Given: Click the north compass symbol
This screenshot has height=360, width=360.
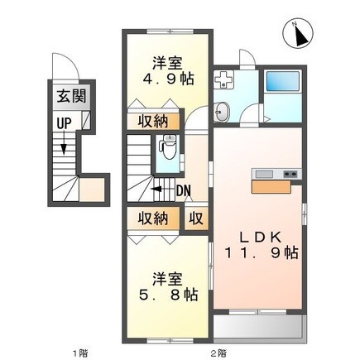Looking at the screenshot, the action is [x=298, y=35].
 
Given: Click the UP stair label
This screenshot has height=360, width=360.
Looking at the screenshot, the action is [x=64, y=123].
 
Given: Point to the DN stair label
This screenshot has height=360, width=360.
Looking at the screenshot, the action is [x=184, y=190].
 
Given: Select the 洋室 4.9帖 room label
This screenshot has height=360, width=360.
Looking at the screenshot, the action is [x=168, y=71].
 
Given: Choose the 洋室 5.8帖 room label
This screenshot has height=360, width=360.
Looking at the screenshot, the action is [x=168, y=287].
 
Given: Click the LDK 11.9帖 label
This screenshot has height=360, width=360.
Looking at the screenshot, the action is [x=261, y=245].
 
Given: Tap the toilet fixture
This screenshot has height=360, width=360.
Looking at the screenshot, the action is [x=169, y=147].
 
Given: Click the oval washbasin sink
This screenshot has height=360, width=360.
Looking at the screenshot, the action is [x=222, y=112].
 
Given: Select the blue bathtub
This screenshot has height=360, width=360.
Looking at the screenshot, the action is [x=283, y=81].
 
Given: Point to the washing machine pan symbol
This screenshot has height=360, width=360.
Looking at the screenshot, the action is [x=224, y=79].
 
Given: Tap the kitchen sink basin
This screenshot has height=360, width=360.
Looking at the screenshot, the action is [x=264, y=175].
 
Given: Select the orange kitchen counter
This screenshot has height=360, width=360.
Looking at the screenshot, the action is [x=271, y=186].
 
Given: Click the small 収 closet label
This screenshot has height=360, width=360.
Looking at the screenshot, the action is [x=196, y=218].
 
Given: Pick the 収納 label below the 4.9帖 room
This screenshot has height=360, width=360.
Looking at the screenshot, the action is [x=153, y=121].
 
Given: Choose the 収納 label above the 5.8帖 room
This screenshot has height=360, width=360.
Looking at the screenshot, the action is [x=153, y=218].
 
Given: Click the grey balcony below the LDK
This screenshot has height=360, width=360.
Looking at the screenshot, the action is [x=259, y=325].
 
